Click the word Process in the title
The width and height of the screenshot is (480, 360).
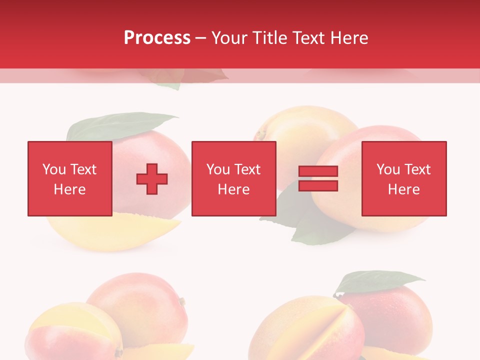coord(157,38)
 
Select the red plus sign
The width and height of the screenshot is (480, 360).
coord(152,179)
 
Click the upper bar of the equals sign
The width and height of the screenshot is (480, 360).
coord(318,171)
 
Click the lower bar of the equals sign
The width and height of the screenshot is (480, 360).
coord(318,186)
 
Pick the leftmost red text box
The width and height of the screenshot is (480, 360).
coord(69,178)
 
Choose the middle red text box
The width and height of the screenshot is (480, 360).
coord(233,178)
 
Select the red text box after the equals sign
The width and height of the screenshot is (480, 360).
coord(403,178)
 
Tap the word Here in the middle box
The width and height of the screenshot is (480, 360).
coord(233,189)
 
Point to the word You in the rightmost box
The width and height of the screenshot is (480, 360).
coord(388,169)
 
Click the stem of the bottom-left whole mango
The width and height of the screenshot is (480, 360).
coord(182,301)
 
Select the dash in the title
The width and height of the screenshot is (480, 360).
coord(200,38)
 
